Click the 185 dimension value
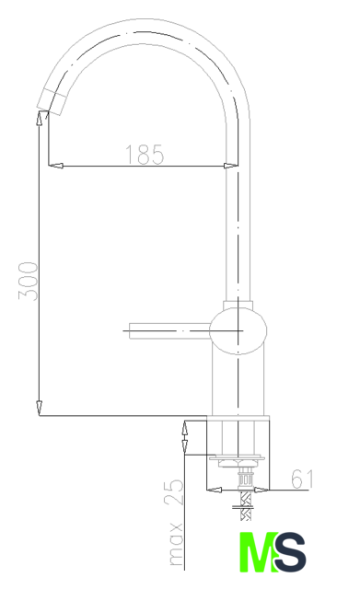[x=145, y=154]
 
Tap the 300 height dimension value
[x=29, y=282]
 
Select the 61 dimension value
[x=302, y=479]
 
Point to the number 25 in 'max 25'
[x=173, y=492]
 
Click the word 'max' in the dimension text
[x=176, y=544]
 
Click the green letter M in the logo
[x=259, y=552]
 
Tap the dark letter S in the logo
[x=290, y=552]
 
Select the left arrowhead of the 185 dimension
[x=55, y=166]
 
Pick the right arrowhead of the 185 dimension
[x=231, y=166]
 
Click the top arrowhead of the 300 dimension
[x=39, y=118]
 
